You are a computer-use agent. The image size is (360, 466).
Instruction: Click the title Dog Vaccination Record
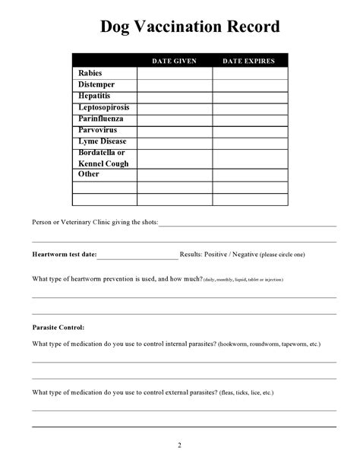click(x=190, y=28)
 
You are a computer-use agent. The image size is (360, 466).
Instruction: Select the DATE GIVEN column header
click(x=174, y=61)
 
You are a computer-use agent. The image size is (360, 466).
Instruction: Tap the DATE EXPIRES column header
click(x=249, y=61)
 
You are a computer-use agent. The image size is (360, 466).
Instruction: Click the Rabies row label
click(x=89, y=73)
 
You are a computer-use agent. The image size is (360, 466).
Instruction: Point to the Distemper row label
click(x=96, y=84)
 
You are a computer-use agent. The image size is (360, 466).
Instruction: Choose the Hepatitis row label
click(x=94, y=96)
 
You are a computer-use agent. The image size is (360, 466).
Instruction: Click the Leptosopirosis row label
click(x=103, y=107)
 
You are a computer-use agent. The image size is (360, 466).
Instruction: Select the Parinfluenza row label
click(x=100, y=119)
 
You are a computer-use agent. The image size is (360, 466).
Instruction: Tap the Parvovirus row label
click(x=97, y=130)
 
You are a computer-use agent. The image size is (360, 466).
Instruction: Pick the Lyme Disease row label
click(x=102, y=141)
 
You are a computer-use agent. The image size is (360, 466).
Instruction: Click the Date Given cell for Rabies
click(x=174, y=73)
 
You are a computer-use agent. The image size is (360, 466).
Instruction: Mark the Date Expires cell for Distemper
click(x=249, y=84)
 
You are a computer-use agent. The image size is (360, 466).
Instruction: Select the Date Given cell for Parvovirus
click(x=174, y=130)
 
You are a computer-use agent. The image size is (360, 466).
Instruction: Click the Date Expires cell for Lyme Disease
click(x=249, y=141)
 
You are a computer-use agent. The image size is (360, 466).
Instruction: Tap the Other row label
click(x=89, y=174)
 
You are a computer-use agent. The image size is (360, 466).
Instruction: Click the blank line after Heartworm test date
click(x=137, y=255)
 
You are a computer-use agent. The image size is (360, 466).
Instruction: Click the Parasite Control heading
click(x=58, y=327)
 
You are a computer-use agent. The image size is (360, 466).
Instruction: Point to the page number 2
click(x=179, y=445)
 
